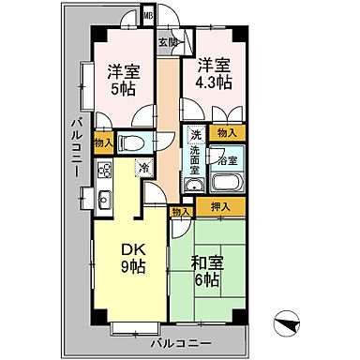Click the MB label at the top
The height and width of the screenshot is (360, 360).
pyautogui.click(x=148, y=16)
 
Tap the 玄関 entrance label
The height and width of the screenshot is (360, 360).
pyautogui.click(x=168, y=42)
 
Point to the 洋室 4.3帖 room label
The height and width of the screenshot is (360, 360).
pyautogui.click(x=213, y=75)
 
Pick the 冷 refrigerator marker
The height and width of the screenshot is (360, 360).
pyautogui.click(x=144, y=168)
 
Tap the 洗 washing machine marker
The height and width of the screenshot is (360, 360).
pyautogui.click(x=195, y=133)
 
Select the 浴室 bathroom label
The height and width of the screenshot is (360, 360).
pyautogui.click(x=228, y=159)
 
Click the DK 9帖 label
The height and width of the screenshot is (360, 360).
pyautogui.click(x=132, y=257)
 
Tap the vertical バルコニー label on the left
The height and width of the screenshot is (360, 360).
pyautogui.click(x=77, y=150)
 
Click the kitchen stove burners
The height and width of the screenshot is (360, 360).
pyautogui.click(x=102, y=172)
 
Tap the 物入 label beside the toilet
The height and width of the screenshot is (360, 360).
pyautogui.click(x=104, y=143)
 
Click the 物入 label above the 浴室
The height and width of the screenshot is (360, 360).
pyautogui.click(x=228, y=134)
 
